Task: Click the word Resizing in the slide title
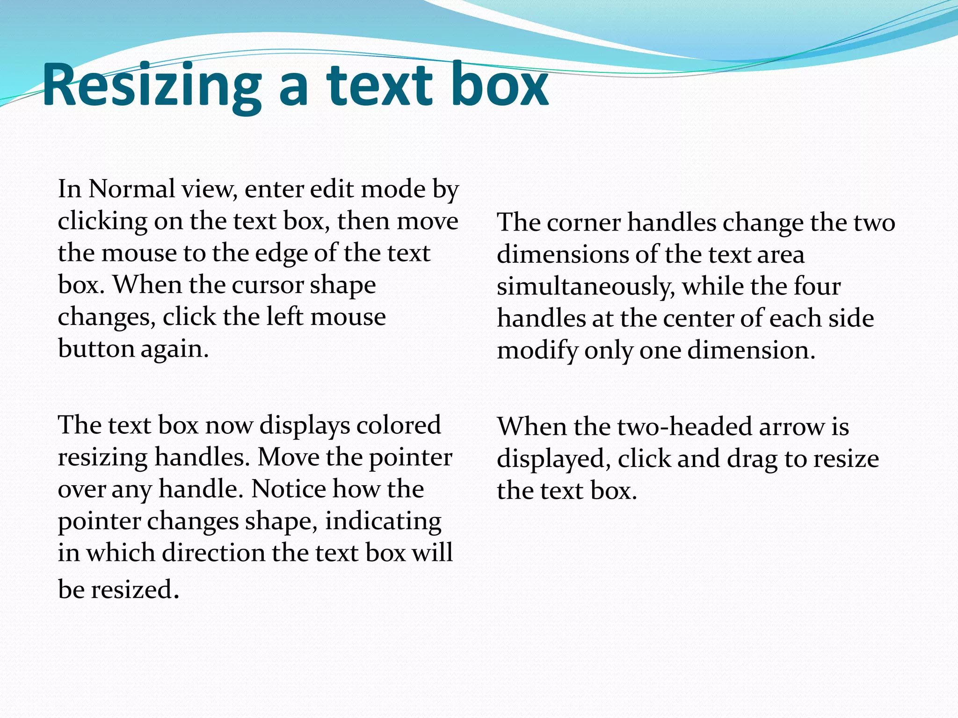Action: pos(152,86)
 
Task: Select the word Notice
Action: pos(289,489)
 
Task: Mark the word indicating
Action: pos(383,521)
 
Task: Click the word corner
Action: pos(583,223)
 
